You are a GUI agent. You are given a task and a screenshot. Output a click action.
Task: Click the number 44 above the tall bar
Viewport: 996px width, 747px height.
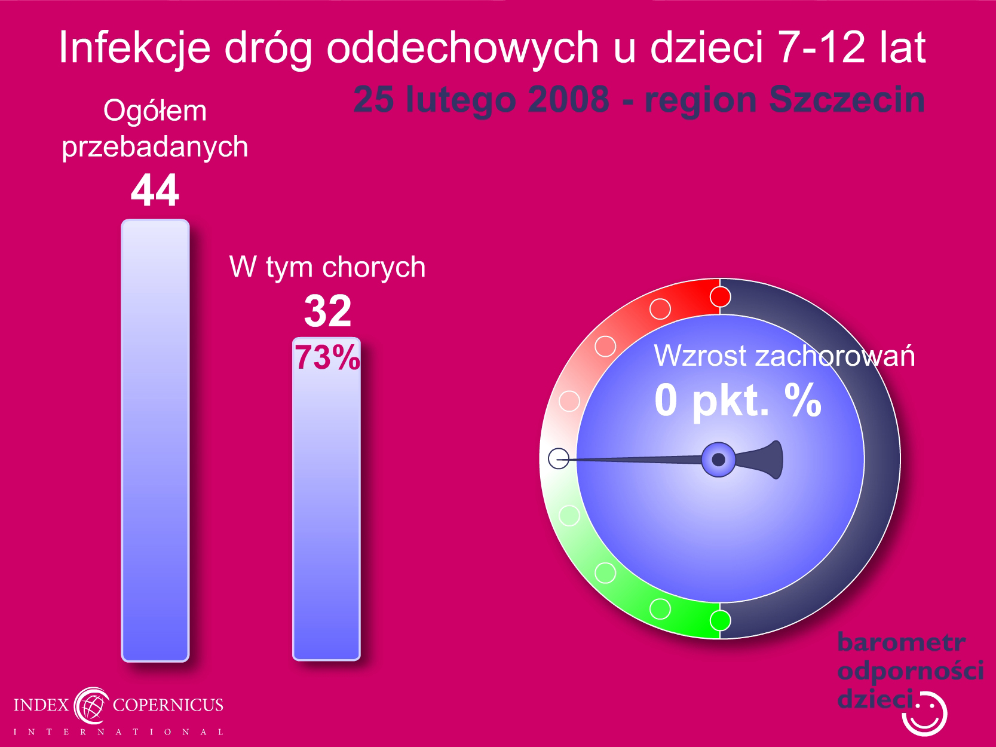(155, 190)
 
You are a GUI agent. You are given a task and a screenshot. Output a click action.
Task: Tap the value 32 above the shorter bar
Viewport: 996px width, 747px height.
(327, 311)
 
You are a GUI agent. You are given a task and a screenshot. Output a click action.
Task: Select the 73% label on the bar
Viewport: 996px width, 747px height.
(327, 357)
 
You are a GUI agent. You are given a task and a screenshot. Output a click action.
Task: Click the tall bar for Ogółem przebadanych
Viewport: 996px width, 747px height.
(155, 440)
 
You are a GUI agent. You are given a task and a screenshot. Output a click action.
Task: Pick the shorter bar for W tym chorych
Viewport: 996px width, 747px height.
(327, 498)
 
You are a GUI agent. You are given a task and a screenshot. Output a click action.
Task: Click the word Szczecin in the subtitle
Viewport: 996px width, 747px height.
(847, 100)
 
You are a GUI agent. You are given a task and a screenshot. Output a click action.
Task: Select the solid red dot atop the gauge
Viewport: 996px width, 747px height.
(720, 297)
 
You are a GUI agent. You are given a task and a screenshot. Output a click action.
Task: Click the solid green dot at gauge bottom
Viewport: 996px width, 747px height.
(720, 620)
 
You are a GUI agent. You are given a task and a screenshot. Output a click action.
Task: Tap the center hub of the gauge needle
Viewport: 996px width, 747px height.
(718, 460)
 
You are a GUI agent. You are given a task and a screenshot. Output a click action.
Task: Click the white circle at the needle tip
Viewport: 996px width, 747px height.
(559, 458)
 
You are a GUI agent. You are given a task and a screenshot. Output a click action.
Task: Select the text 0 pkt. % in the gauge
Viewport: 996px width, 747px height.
(738, 400)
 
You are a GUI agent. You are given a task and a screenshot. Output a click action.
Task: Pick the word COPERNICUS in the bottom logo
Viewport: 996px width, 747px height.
(168, 705)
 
